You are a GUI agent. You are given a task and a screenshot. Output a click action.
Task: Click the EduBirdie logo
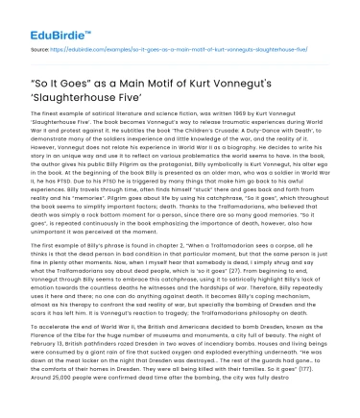[x=50, y=18]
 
